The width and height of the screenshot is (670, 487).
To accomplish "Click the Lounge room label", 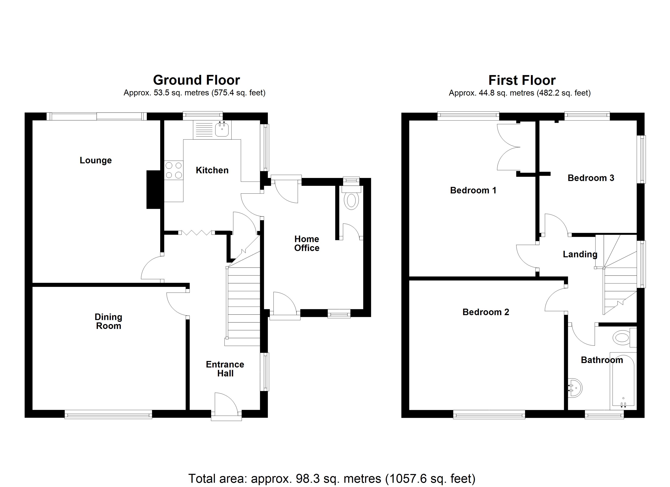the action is pyautogui.click(x=96, y=160).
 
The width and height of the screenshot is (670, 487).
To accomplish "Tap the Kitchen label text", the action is pyautogui.click(x=212, y=170).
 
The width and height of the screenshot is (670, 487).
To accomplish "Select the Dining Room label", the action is pyautogui.click(x=108, y=321).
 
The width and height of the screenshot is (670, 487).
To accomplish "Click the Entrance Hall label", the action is pyautogui.click(x=225, y=369).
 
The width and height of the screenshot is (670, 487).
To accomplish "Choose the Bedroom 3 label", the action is pyautogui.click(x=591, y=178).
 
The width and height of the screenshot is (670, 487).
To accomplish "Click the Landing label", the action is pyautogui.click(x=580, y=254).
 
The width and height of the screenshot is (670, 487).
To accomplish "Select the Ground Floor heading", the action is pyautogui.click(x=197, y=80).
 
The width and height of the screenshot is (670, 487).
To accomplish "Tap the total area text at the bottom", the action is pyautogui.click(x=332, y=478).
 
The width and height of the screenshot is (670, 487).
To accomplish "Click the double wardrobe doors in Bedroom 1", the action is pyautogui.click(x=508, y=147).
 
